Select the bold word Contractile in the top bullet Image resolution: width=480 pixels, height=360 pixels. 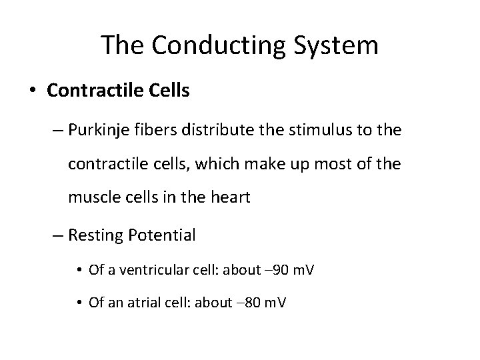coord(91,91)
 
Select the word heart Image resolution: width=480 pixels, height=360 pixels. coord(232,197)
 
